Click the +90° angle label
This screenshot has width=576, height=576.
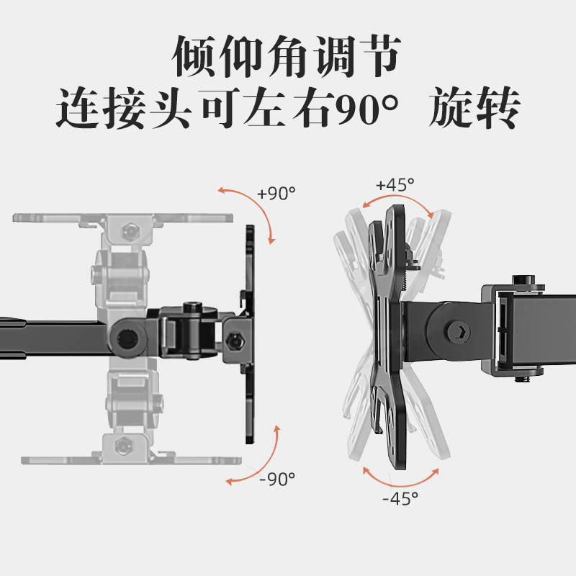tap(276, 194)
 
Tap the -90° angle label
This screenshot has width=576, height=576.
tap(276, 477)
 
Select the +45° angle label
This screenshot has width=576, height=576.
tap(395, 184)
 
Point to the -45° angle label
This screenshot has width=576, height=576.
tap(400, 497)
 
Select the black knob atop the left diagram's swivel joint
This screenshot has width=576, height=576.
tap(192, 309)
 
